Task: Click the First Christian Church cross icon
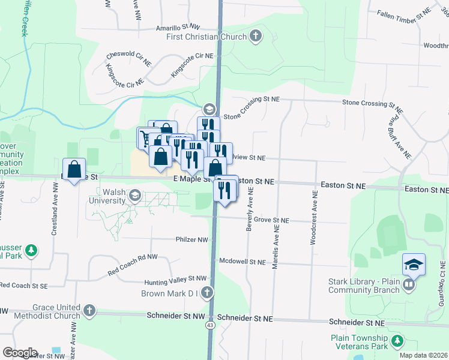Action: point(256,37)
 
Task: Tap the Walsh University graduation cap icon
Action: point(135,195)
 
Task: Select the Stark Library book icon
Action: point(409,284)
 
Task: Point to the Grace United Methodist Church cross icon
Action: point(89,311)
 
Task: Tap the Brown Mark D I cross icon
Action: point(207,293)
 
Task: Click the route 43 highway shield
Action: point(210,325)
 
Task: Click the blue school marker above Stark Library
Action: point(414,263)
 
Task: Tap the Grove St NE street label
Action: point(271,220)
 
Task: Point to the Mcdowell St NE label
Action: point(242,262)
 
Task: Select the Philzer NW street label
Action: point(191,239)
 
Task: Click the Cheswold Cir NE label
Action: point(125,57)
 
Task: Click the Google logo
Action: point(20,353)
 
